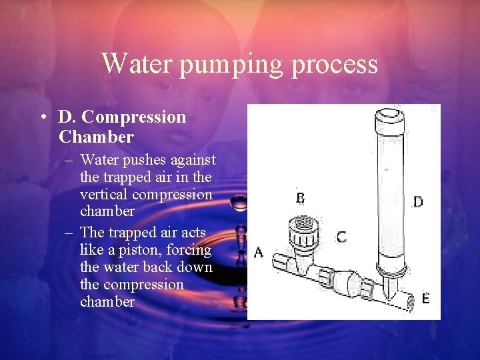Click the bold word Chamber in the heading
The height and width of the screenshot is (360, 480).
pyautogui.click(x=96, y=137)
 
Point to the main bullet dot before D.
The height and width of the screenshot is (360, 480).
pyautogui.click(x=43, y=118)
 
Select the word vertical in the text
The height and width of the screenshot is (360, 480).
pyautogui.click(x=104, y=195)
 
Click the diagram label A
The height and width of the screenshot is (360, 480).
pyautogui.click(x=259, y=252)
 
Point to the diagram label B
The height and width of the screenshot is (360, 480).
pyautogui.click(x=301, y=198)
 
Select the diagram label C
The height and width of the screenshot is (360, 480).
pyautogui.click(x=341, y=237)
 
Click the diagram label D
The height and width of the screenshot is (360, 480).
pyautogui.click(x=418, y=201)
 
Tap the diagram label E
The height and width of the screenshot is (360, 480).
pyautogui.click(x=425, y=298)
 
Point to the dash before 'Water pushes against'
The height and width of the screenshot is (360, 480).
pyautogui.click(x=69, y=161)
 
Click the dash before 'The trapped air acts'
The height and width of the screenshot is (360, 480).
pyautogui.click(x=69, y=233)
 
